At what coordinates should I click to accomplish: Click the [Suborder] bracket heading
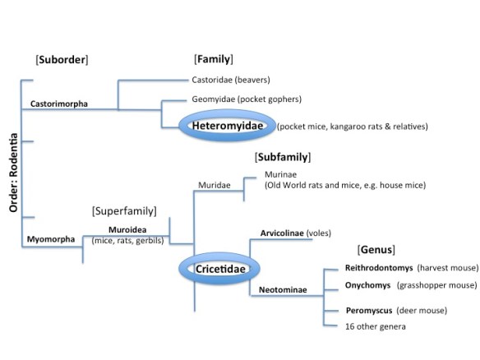coord(62,59)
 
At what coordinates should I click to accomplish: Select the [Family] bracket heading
coord(214,59)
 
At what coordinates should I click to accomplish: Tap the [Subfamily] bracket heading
coord(282,156)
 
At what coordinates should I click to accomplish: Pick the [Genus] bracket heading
coord(376,249)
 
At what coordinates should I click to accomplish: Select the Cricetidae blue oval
coord(218,270)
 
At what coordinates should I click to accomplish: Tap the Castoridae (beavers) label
coord(230,80)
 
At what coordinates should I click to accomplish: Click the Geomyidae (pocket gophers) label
coord(246,99)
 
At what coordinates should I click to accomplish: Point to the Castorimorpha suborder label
coord(59,104)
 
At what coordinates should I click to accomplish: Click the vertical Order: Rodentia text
coord(14,172)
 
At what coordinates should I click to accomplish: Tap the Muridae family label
coord(213,186)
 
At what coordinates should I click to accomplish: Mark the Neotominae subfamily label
coord(277,291)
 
